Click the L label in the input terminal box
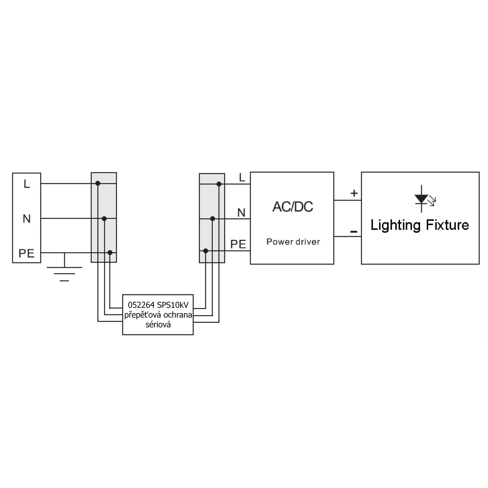(x=27, y=184)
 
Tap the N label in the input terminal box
(x=27, y=218)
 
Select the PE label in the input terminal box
(x=27, y=253)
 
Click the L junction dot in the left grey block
(x=98, y=183)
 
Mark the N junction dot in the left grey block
(x=104, y=219)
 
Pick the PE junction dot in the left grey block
(x=110, y=252)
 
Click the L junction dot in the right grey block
(x=219, y=184)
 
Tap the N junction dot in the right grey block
(x=213, y=218)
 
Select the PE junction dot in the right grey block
(x=206, y=251)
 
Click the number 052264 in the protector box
(x=141, y=305)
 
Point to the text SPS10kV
(x=173, y=305)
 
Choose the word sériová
(x=158, y=325)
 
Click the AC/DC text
(x=293, y=207)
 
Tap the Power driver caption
(x=293, y=242)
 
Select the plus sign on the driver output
(x=354, y=193)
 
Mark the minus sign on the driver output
(x=354, y=232)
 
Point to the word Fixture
(x=447, y=225)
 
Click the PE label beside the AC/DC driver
(x=238, y=244)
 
